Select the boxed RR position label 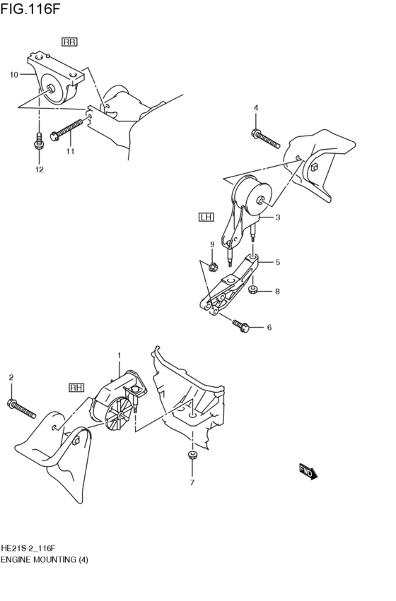[x=70, y=42]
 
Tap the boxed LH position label [x=206, y=218]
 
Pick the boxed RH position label [x=76, y=388]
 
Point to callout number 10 [x=13, y=74]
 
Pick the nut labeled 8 [x=253, y=290]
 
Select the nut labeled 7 [x=190, y=456]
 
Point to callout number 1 [x=120, y=355]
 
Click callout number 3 [x=278, y=218]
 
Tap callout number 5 [x=278, y=262]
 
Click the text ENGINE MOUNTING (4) [x=44, y=559]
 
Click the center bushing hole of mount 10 [x=51, y=88]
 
